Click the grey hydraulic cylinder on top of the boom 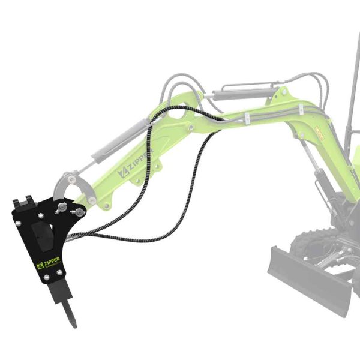point(246,93)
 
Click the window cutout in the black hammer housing point(41,235)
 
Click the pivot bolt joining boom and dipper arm point(190,127)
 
